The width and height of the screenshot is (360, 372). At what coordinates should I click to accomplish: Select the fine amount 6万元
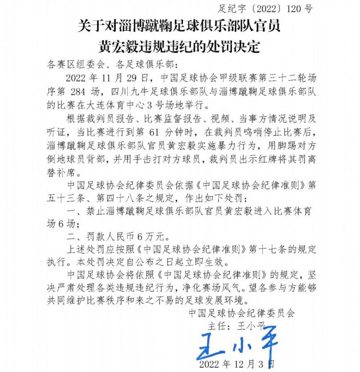pyautogui.click(x=150, y=236)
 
